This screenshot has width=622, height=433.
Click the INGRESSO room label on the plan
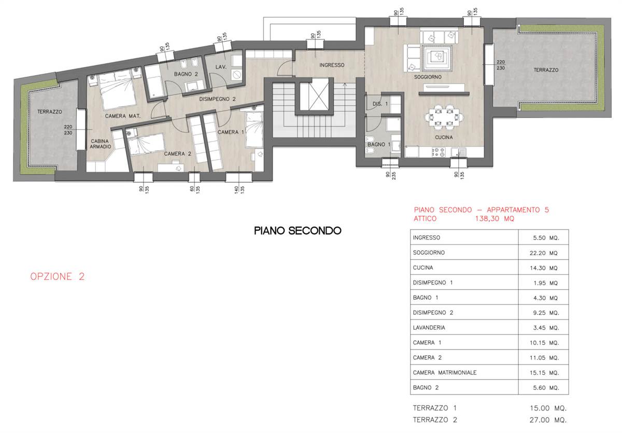point(332,65)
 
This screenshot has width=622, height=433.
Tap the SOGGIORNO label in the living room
point(428,77)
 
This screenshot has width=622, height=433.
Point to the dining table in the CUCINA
point(444,117)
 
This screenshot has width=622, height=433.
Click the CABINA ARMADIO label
point(100,144)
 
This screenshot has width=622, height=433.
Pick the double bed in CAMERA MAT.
point(118,90)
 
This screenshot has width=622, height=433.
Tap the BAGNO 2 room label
point(186,74)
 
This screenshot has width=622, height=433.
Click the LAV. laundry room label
point(221,67)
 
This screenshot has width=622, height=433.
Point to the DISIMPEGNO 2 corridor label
point(217,99)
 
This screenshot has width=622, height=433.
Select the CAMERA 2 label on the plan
point(177,153)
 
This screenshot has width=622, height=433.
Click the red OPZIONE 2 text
point(57,276)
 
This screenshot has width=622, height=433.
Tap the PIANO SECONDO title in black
point(298,231)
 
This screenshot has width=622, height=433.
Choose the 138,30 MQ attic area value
point(494,219)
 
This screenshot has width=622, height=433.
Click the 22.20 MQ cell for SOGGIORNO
point(543,253)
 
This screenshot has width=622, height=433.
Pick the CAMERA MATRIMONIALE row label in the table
point(445,372)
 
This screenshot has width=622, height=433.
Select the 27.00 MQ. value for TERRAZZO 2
point(548,420)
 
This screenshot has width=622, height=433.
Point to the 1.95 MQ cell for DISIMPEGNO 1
point(545,283)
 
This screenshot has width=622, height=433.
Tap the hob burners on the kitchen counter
point(439,152)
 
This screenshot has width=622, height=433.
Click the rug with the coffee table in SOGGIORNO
point(437,58)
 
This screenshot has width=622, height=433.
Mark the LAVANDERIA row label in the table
point(429,327)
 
